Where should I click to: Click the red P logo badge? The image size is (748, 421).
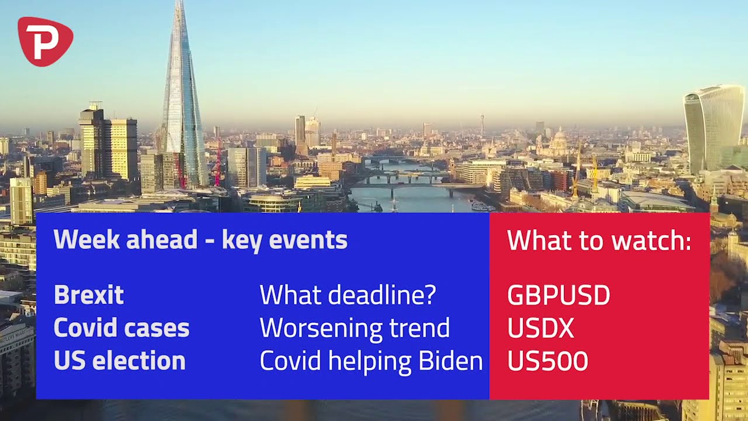tap(46, 41)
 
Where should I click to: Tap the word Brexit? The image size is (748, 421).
tap(89, 295)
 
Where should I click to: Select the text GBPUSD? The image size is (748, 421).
tap(559, 295)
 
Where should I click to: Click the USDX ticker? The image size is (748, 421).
tap(541, 328)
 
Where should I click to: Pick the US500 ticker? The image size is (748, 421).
tap(548, 361)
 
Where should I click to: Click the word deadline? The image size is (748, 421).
tap(382, 295)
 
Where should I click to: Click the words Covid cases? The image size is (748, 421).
tap(122, 327)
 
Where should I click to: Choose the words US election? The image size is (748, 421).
tap(120, 361)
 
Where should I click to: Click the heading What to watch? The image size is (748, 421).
tap(599, 240)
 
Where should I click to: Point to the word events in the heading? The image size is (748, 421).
tap(308, 240)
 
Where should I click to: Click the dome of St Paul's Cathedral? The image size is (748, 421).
tap(560, 138)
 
